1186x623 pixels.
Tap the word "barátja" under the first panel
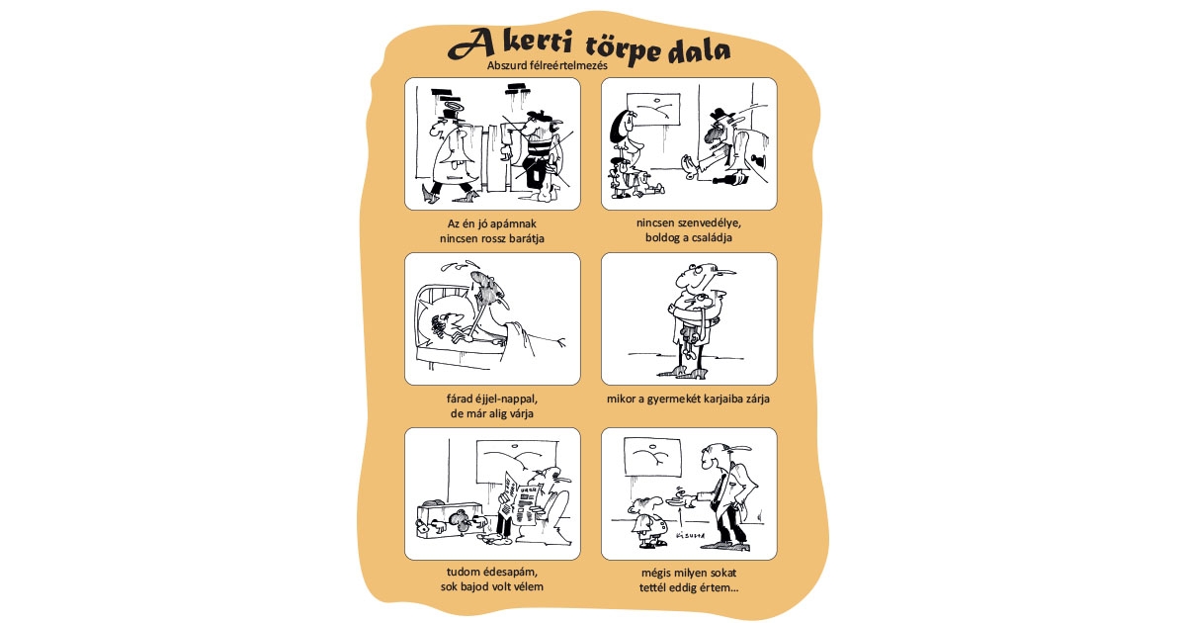pos(525,238)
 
